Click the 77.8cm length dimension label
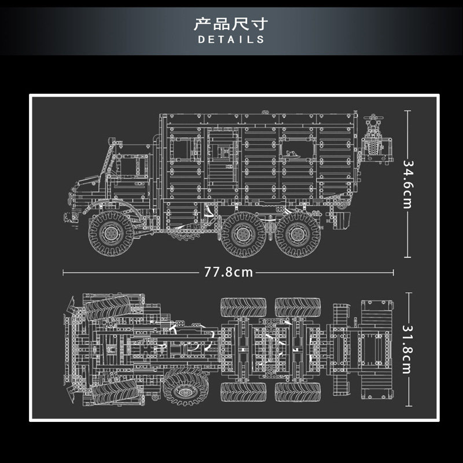[x=229, y=272]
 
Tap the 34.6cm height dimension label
[x=408, y=185]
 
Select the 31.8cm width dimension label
[x=408, y=350]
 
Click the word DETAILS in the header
[x=231, y=39]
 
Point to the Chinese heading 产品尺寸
[x=231, y=24]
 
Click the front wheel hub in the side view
[x=111, y=233]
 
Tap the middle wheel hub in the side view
[x=243, y=234]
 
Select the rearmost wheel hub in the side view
[x=297, y=234]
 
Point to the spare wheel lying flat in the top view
[x=186, y=387]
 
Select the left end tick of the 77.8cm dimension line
[x=63, y=273]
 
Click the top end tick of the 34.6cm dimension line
[x=407, y=111]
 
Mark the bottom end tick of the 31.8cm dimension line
[x=409, y=406]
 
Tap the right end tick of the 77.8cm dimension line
[x=393, y=273]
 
